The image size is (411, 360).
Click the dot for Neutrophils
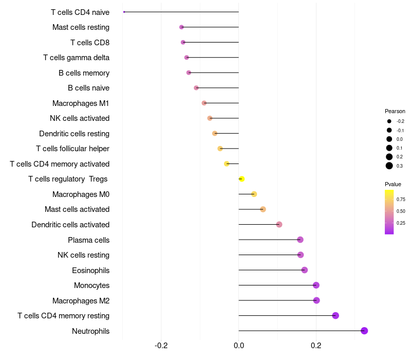pyautogui.click(x=364, y=331)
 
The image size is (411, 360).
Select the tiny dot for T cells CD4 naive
pyautogui.click(x=124, y=12)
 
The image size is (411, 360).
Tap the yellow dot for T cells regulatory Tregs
pyautogui.click(x=241, y=179)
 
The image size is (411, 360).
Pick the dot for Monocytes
pyautogui.click(x=316, y=285)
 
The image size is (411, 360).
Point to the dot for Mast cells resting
pyautogui.click(x=181, y=27)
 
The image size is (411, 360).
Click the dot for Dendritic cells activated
pyautogui.click(x=279, y=224)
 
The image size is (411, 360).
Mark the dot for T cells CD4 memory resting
pyautogui.click(x=335, y=316)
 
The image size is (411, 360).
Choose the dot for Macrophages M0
pyautogui.click(x=254, y=194)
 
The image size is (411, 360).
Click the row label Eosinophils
pyautogui.click(x=90, y=270)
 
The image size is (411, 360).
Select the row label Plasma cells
pyautogui.click(x=88, y=240)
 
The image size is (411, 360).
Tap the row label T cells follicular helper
pyautogui.click(x=72, y=149)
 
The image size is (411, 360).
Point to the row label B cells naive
pyautogui.click(x=88, y=88)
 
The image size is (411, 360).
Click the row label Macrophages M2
pyautogui.click(x=81, y=300)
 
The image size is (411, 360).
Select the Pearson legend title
pyautogui.click(x=395, y=111)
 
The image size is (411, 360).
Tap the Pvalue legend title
pyautogui.click(x=393, y=184)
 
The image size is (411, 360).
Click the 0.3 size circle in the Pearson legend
pyautogui.click(x=389, y=166)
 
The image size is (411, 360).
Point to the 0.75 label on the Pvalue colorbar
pyautogui.click(x=401, y=200)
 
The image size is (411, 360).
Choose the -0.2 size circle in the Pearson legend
pyautogui.click(x=389, y=121)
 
